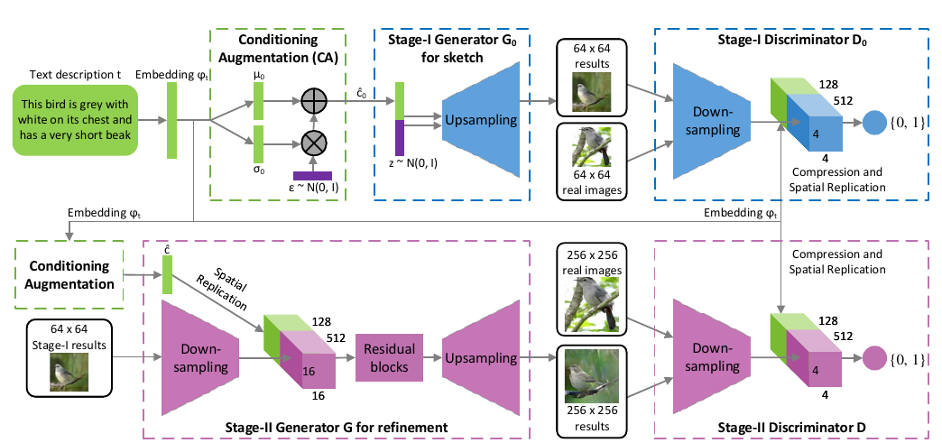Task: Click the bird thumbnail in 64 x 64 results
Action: point(591,91)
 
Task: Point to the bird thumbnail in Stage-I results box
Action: point(69,373)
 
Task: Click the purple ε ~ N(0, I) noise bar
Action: point(312,175)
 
